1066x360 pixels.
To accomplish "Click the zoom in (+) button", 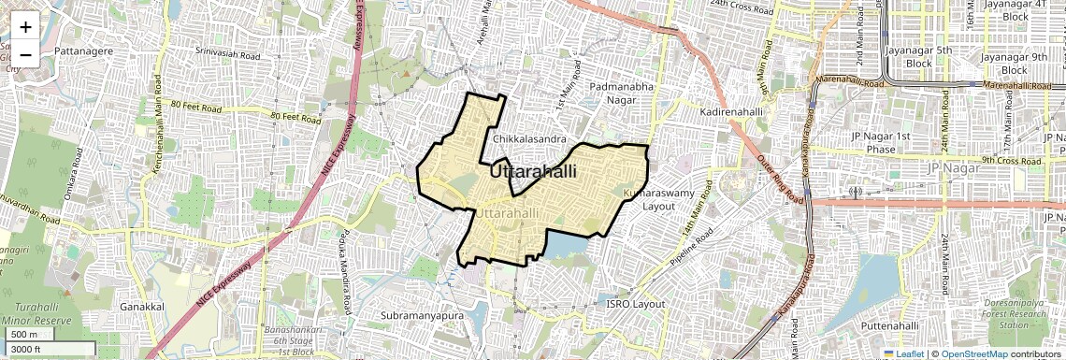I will tap(25, 27).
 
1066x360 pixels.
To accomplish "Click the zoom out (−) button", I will tap(25, 53).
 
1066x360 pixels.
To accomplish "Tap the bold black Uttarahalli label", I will tap(533, 172).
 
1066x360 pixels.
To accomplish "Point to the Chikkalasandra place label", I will tap(531, 138).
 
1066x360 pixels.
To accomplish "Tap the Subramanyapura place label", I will tap(423, 315).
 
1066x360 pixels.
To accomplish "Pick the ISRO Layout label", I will tap(635, 304).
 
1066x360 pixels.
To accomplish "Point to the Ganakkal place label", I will tap(142, 306).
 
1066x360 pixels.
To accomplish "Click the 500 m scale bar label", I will tap(25, 335).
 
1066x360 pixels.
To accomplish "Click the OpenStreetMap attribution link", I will tap(974, 353).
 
